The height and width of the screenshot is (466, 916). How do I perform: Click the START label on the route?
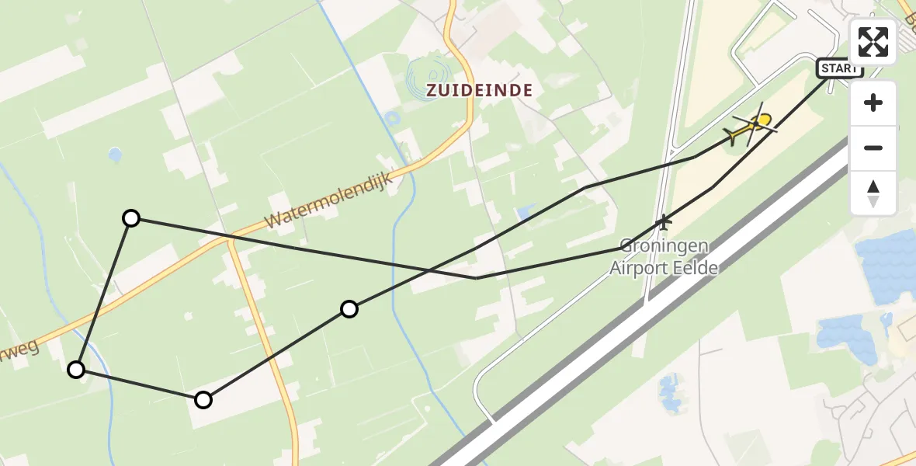pos(839,68)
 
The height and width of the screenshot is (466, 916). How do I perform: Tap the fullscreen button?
pos(873,42)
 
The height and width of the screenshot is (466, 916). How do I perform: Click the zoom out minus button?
pos(873,148)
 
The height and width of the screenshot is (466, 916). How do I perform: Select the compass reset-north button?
pos(873,193)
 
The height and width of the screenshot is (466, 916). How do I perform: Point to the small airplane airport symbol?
pos(663,222)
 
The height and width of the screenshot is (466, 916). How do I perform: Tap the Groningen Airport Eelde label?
pos(664,257)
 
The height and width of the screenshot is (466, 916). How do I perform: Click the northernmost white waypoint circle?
pos(131,218)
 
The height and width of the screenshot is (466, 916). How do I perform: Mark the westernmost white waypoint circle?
pos(76,370)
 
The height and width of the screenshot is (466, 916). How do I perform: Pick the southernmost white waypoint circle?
pos(203,400)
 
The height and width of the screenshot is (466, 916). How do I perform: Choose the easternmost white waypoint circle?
pos(349,310)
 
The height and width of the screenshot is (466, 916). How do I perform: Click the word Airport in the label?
pos(642,268)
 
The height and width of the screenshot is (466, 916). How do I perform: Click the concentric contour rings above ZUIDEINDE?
pos(426,75)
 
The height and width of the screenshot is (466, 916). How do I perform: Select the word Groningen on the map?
pos(664,246)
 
